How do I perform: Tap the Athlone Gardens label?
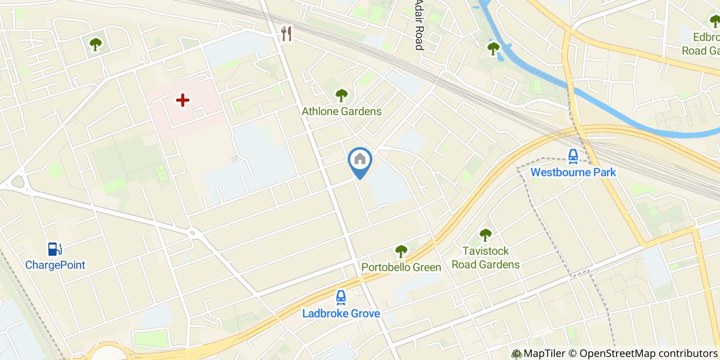coord(341,111)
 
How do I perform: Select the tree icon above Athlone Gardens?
coord(341,95)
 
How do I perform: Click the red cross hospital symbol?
coord(183,100)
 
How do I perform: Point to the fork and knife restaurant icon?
coord(286,34)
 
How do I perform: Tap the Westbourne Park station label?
coord(573,172)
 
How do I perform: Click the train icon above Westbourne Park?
coord(573,155)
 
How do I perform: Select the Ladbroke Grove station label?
coord(341,313)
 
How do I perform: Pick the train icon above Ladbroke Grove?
coord(340,297)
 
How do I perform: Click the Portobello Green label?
coord(401,267)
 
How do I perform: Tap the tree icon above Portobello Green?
coord(401,251)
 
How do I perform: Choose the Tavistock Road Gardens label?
coord(485,258)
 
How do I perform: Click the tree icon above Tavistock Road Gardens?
coord(485,236)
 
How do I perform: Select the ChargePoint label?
coord(55,265)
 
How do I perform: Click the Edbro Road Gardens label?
coord(700,44)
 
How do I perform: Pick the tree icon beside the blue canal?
coord(493,48)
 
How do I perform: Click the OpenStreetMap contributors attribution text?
coord(649,353)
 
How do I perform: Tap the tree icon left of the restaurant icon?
coord(95,45)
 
